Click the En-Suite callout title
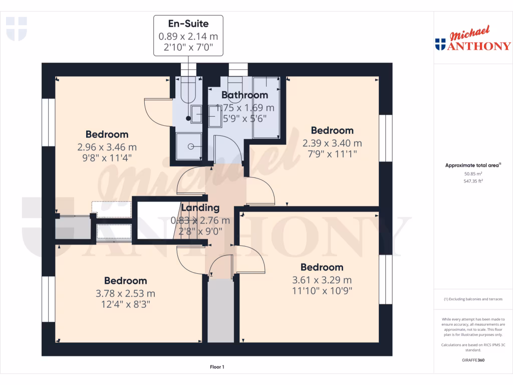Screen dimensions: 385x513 [x=188, y=23]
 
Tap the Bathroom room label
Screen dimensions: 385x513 [x=244, y=95]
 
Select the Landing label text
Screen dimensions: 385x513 [x=200, y=208]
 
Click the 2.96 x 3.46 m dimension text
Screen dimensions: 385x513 [x=107, y=147]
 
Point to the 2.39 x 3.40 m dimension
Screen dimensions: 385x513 [x=332, y=143]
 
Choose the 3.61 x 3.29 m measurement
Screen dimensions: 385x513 [x=322, y=280]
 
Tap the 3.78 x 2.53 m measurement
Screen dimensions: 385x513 [x=125, y=294]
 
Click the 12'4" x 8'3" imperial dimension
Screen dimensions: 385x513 [x=125, y=304]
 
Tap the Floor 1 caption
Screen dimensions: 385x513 [x=217, y=367]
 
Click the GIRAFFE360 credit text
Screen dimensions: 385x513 [x=473, y=360]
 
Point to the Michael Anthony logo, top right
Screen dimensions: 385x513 [x=473, y=40]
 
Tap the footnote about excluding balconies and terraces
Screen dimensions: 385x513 [x=473, y=299]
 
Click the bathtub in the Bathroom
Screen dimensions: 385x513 [x=266, y=107]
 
